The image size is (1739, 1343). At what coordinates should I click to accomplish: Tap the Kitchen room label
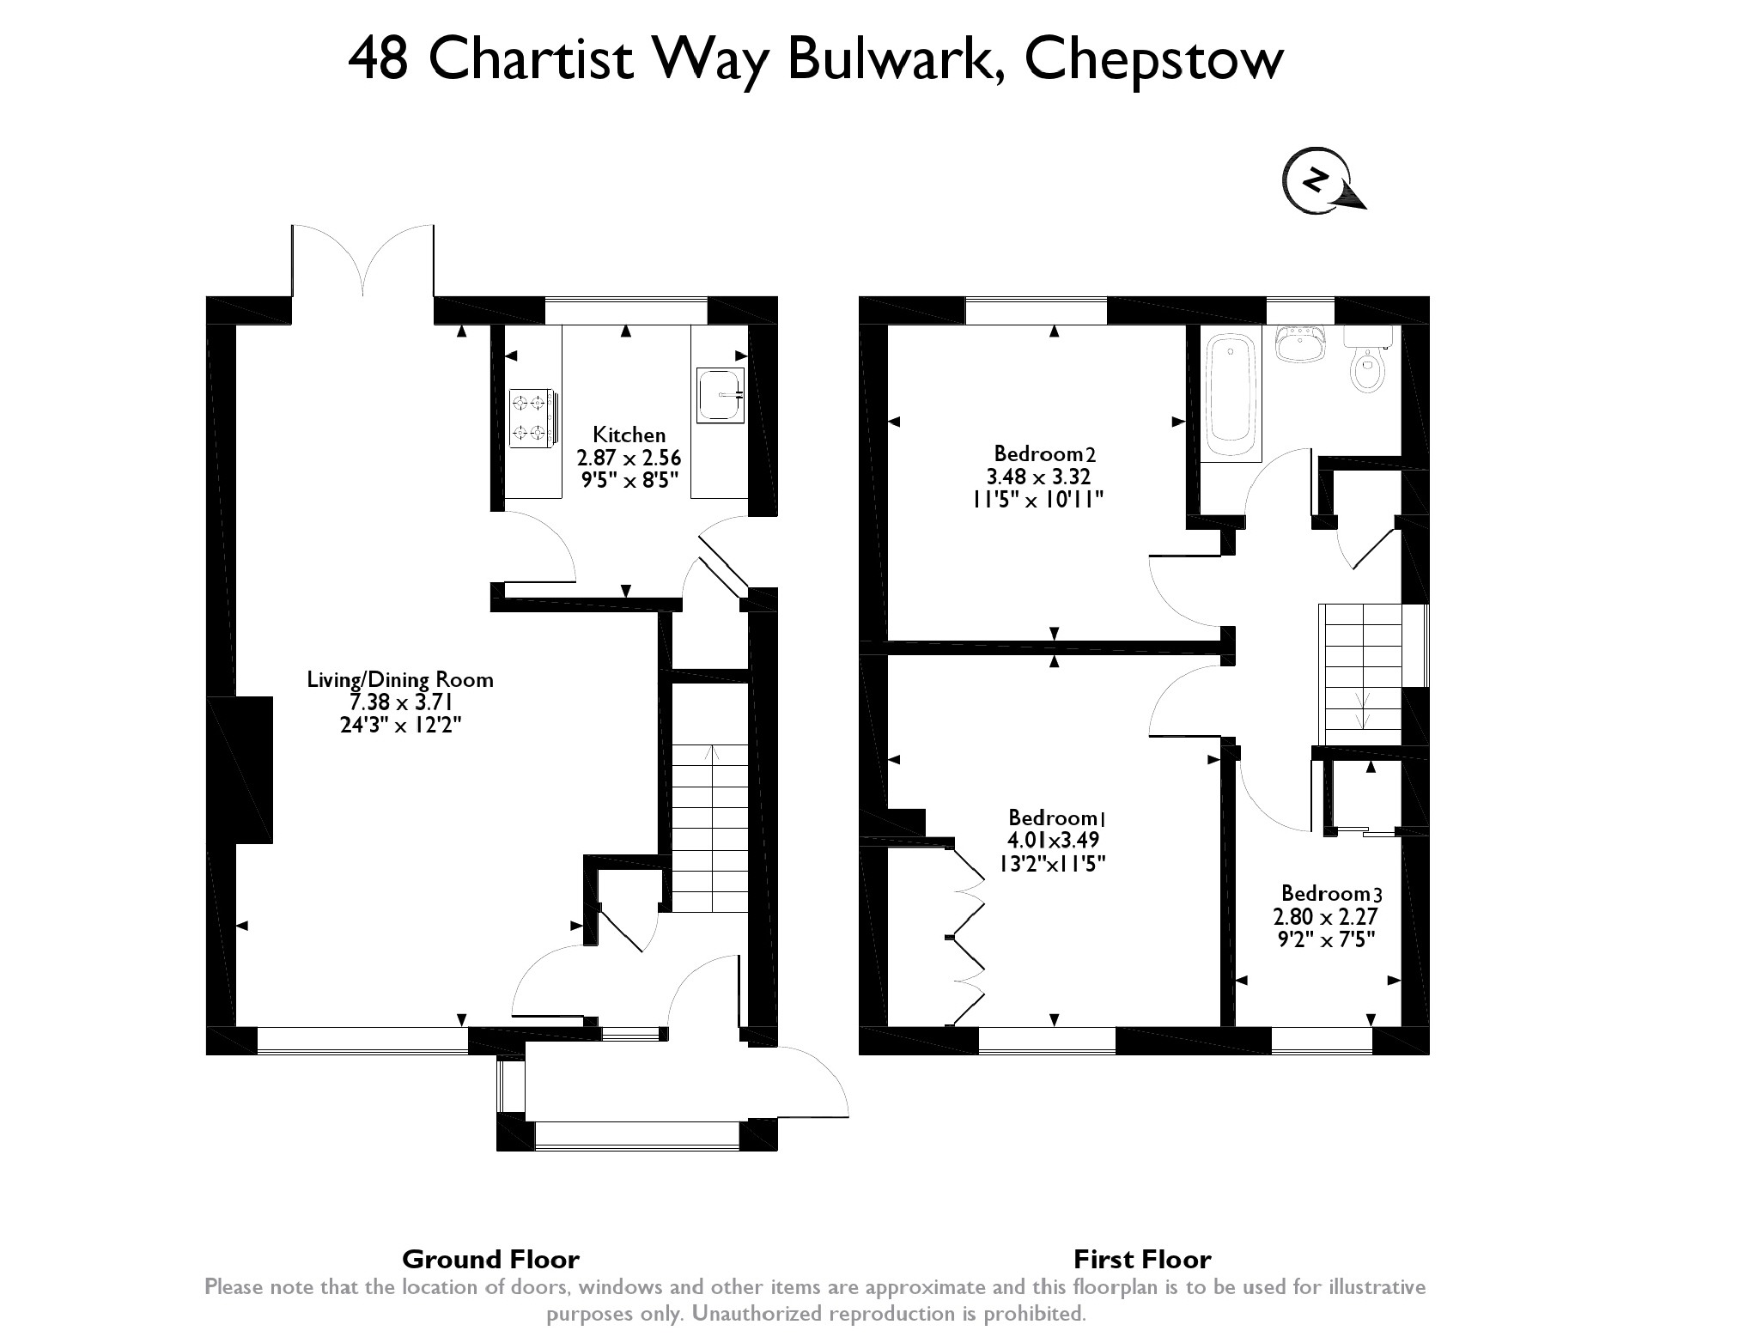click(x=629, y=435)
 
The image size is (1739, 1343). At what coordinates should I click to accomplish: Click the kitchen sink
click(x=719, y=396)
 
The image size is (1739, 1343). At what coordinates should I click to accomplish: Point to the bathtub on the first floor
click(x=1231, y=398)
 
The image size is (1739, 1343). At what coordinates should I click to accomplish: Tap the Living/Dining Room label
click(x=400, y=680)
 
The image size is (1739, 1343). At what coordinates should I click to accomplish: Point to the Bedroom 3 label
click(x=1331, y=893)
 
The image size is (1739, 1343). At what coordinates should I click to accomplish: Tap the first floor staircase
click(x=1361, y=674)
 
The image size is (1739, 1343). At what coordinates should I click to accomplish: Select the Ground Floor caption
click(x=490, y=1260)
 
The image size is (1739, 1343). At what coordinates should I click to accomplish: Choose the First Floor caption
click(x=1142, y=1260)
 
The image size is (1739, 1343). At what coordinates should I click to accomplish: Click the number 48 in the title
click(x=378, y=60)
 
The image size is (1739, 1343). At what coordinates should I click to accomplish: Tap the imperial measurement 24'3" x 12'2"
click(x=401, y=726)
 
